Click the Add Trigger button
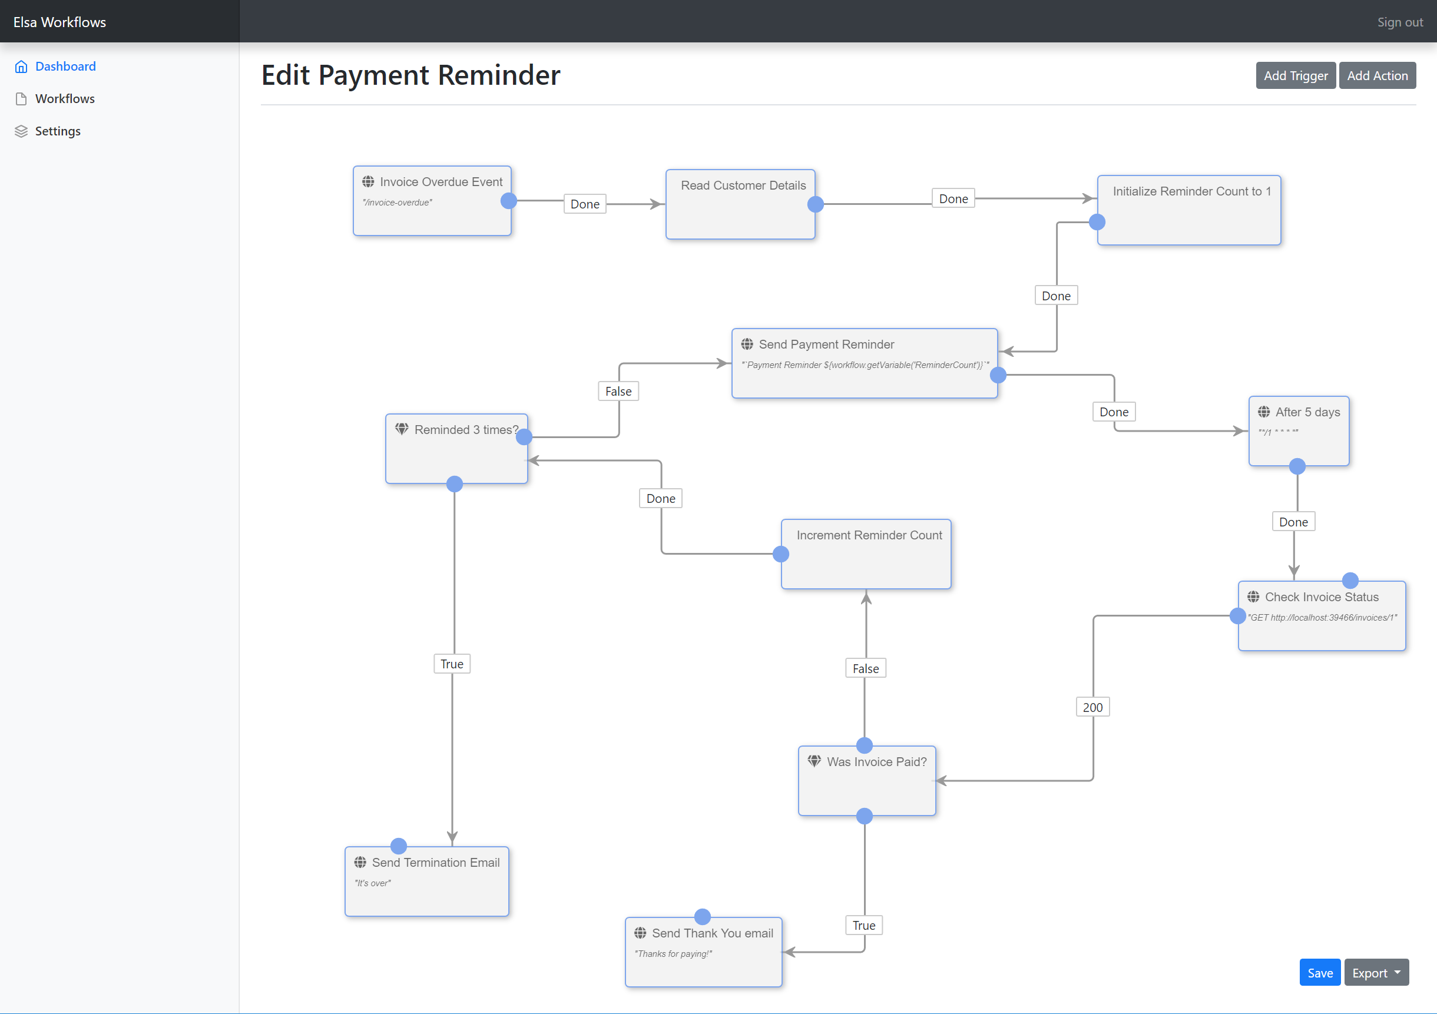coord(1296,76)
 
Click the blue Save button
coord(1320,973)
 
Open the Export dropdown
coord(1376,973)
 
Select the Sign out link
coord(1400,22)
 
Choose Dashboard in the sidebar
coord(65,67)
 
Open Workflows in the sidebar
coord(64,99)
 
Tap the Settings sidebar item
coord(58,131)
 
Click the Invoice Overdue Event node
coord(432,201)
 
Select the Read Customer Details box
coord(740,204)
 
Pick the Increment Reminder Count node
coord(866,554)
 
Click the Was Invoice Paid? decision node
coord(867,781)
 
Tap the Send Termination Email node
coord(427,882)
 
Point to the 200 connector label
coord(1093,707)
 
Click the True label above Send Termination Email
coord(452,664)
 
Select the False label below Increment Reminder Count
coord(866,668)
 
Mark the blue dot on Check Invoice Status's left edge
coord(1237,617)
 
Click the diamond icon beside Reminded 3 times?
coord(402,429)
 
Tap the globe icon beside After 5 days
coord(1264,412)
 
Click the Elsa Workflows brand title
coord(59,22)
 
